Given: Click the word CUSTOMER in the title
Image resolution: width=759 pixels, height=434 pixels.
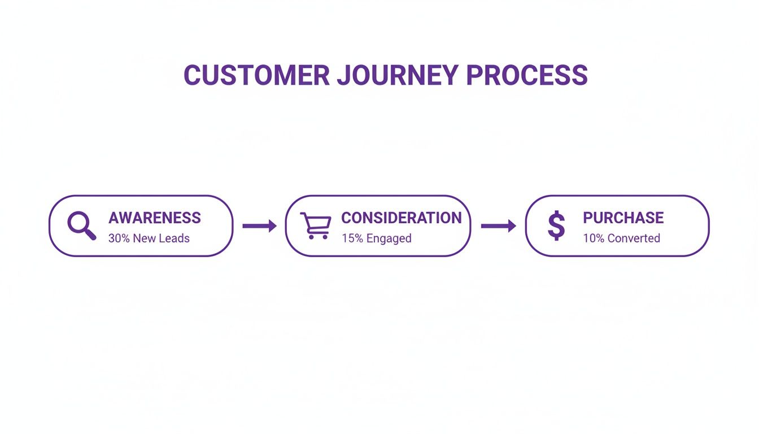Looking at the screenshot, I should pyautogui.click(x=256, y=76).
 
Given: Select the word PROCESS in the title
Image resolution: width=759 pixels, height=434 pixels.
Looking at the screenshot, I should pyautogui.click(x=527, y=76).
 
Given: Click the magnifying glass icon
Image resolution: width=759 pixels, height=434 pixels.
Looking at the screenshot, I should pyautogui.click(x=81, y=225).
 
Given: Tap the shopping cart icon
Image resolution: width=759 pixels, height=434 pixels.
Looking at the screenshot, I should pyautogui.click(x=315, y=225).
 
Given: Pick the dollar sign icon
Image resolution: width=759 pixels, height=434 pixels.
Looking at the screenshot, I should pyautogui.click(x=556, y=225).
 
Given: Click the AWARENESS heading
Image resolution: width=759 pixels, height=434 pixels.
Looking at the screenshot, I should pyautogui.click(x=154, y=218).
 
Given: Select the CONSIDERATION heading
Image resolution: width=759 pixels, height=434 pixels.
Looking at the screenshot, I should pyautogui.click(x=401, y=218).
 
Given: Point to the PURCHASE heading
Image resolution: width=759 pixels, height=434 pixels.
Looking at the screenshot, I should pyautogui.click(x=623, y=218).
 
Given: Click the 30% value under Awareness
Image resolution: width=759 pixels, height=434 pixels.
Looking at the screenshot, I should pyautogui.click(x=119, y=238).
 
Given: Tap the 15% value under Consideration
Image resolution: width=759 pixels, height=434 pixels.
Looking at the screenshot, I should pyautogui.click(x=352, y=238).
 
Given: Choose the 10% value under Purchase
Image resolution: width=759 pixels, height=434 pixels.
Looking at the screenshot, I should pyautogui.click(x=594, y=238).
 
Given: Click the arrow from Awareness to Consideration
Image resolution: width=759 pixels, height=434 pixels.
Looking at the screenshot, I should pyautogui.click(x=259, y=226).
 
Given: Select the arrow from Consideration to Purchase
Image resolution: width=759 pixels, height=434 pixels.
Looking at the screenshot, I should pyautogui.click(x=498, y=226).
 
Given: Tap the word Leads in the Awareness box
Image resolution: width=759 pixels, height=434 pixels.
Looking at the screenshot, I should pyautogui.click(x=174, y=238).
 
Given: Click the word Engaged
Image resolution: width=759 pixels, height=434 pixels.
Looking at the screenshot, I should pyautogui.click(x=389, y=238).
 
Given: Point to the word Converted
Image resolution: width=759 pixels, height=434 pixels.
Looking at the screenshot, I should pyautogui.click(x=634, y=238).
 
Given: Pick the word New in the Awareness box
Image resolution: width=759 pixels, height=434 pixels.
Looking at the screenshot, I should pyautogui.click(x=144, y=238).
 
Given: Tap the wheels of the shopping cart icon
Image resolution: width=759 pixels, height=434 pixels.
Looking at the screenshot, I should pyautogui.click(x=318, y=237).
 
